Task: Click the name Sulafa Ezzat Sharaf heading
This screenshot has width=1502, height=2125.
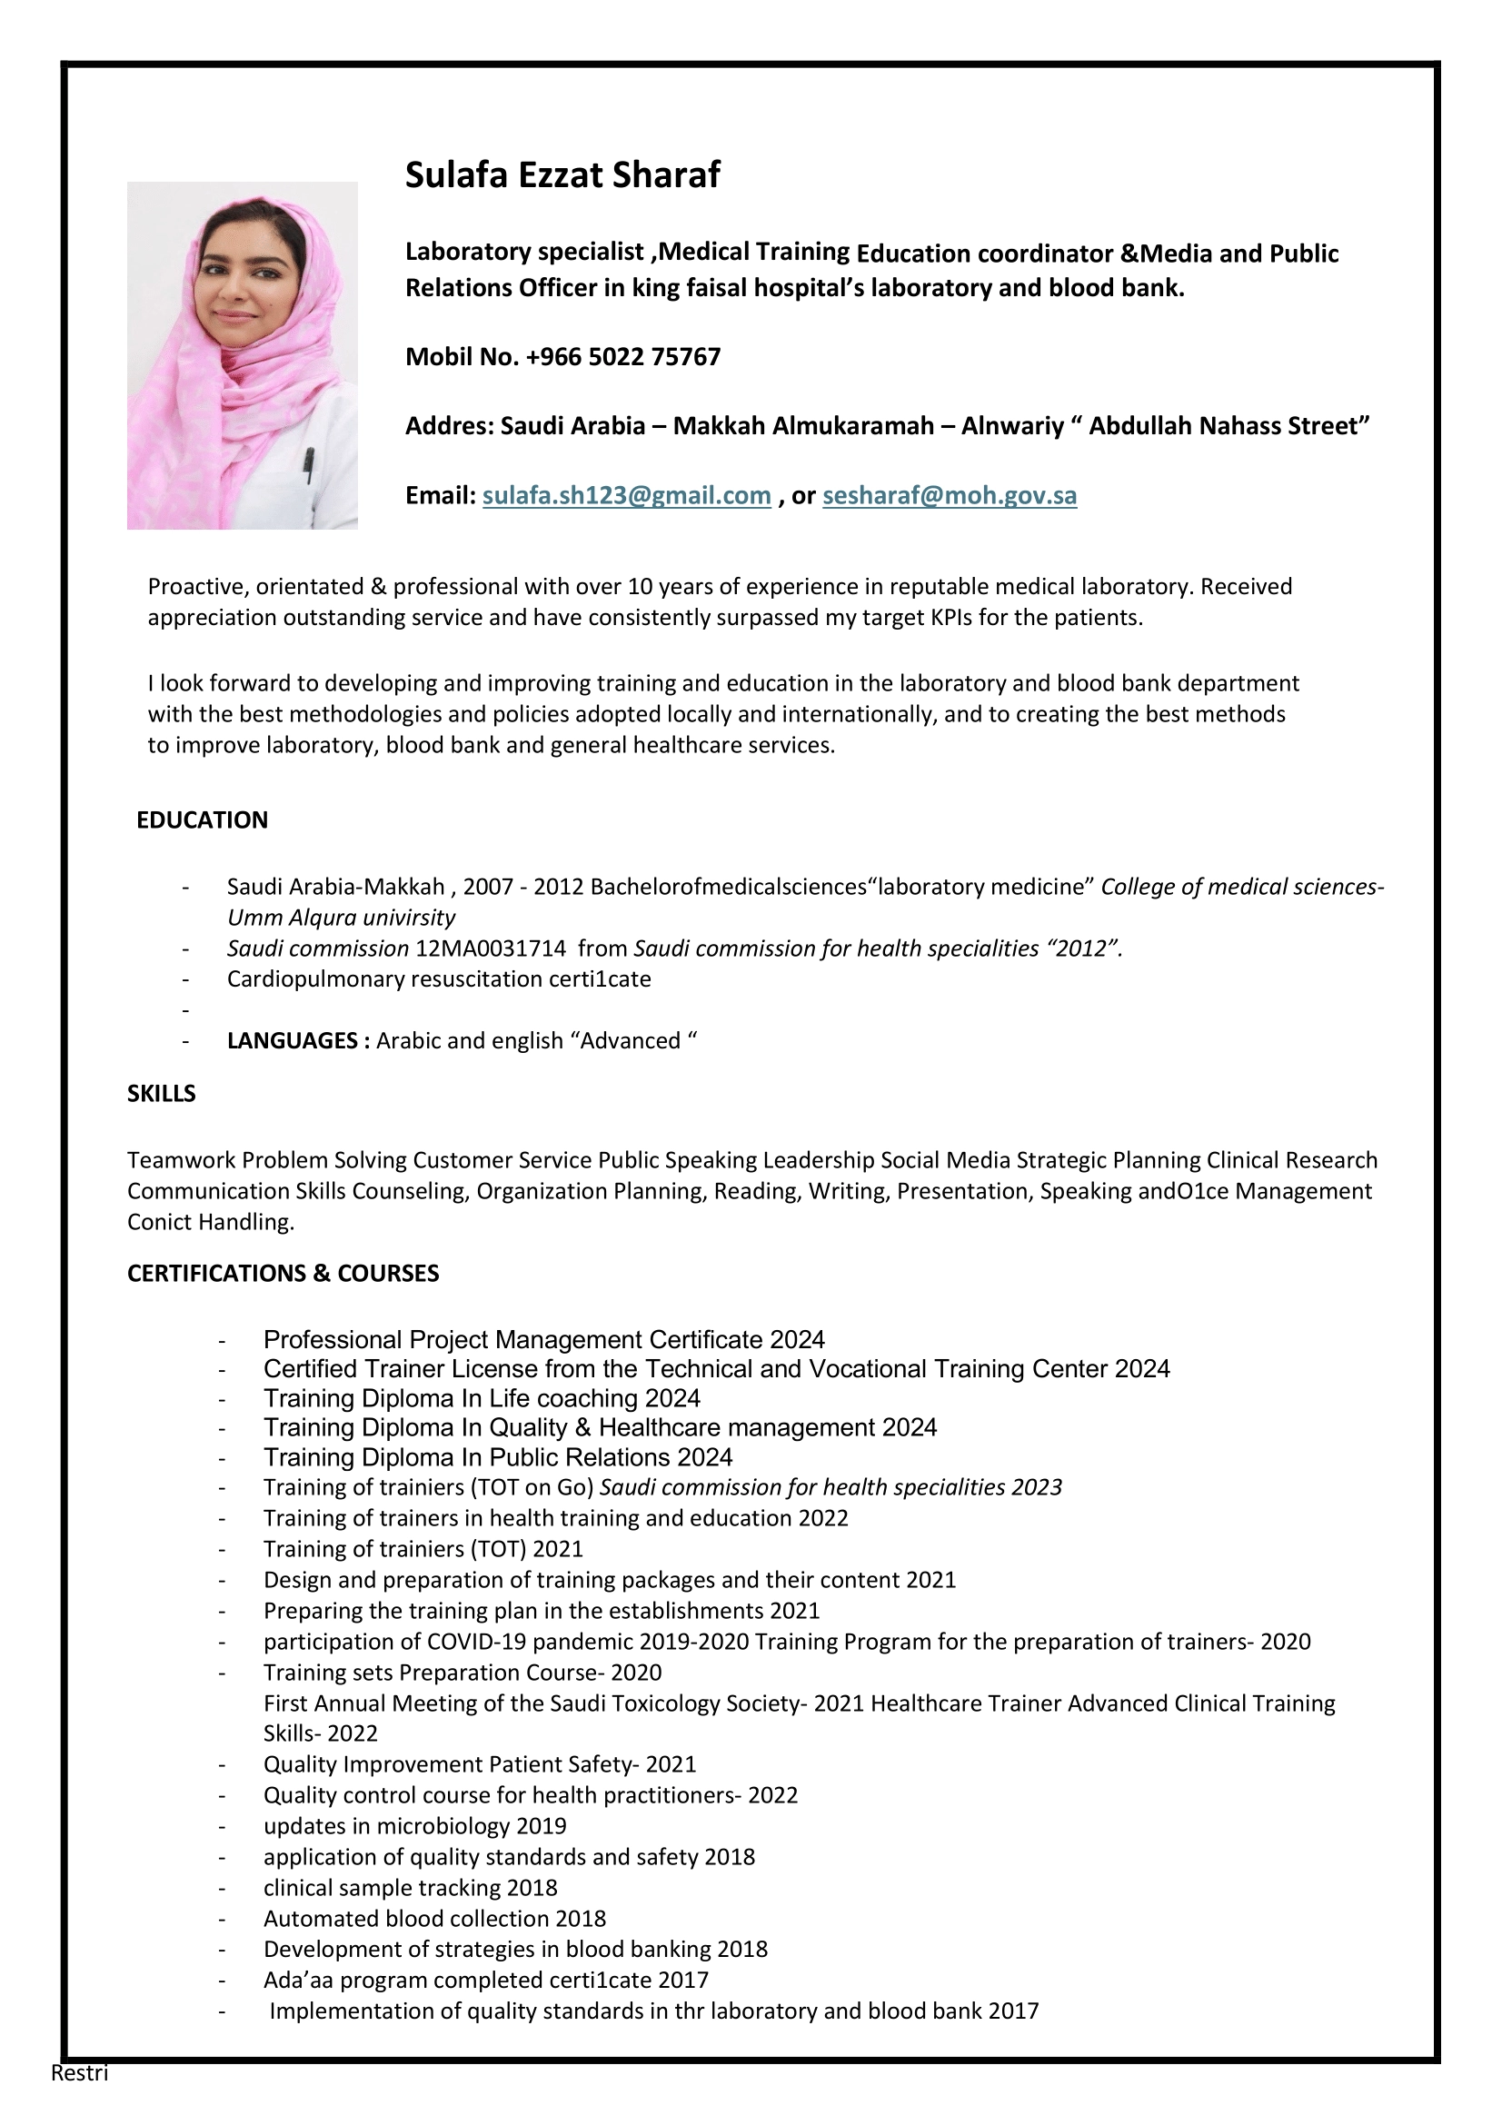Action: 562,175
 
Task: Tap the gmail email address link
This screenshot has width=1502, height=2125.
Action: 627,495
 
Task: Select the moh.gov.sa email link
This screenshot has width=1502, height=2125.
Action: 950,495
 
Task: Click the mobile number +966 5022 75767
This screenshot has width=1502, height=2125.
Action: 622,357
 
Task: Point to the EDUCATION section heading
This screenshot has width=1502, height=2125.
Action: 202,820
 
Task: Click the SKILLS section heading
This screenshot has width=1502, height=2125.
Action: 161,1093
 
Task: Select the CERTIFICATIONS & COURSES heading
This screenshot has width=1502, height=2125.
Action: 283,1274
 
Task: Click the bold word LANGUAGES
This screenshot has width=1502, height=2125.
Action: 293,1040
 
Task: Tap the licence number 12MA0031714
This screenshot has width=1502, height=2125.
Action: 491,948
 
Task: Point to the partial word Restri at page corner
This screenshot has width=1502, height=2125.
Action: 80,2072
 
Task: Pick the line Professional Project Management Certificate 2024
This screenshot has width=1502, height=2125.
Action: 543,1339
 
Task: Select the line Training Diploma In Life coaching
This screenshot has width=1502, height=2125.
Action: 482,1397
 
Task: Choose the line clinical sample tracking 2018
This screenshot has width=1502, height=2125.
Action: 410,1887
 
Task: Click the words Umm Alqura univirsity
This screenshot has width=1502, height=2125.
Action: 341,918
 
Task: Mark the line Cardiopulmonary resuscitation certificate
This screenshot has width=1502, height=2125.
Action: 439,978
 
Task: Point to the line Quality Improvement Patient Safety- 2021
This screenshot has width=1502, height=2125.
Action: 480,1764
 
